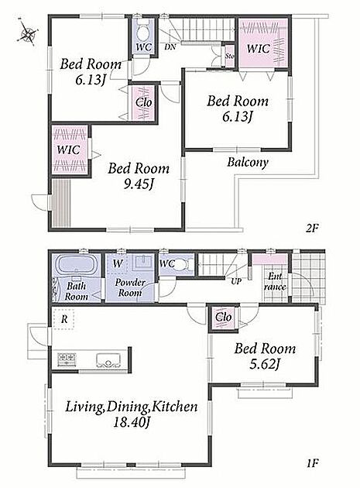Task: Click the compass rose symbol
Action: (x=28, y=33)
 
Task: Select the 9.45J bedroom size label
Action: (x=139, y=185)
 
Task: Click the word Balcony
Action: (x=248, y=162)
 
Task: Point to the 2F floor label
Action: (x=313, y=229)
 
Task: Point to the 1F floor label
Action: (x=313, y=463)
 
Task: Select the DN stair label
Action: (x=170, y=47)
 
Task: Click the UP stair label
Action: (x=236, y=281)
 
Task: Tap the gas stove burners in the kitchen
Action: (x=66, y=359)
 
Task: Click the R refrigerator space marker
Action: (x=64, y=318)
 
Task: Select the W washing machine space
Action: (x=118, y=264)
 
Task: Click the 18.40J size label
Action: (x=131, y=423)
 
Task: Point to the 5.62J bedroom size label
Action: (x=264, y=364)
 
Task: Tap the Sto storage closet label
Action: (x=230, y=57)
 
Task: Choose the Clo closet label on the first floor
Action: (x=224, y=317)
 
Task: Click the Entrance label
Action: (x=275, y=281)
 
